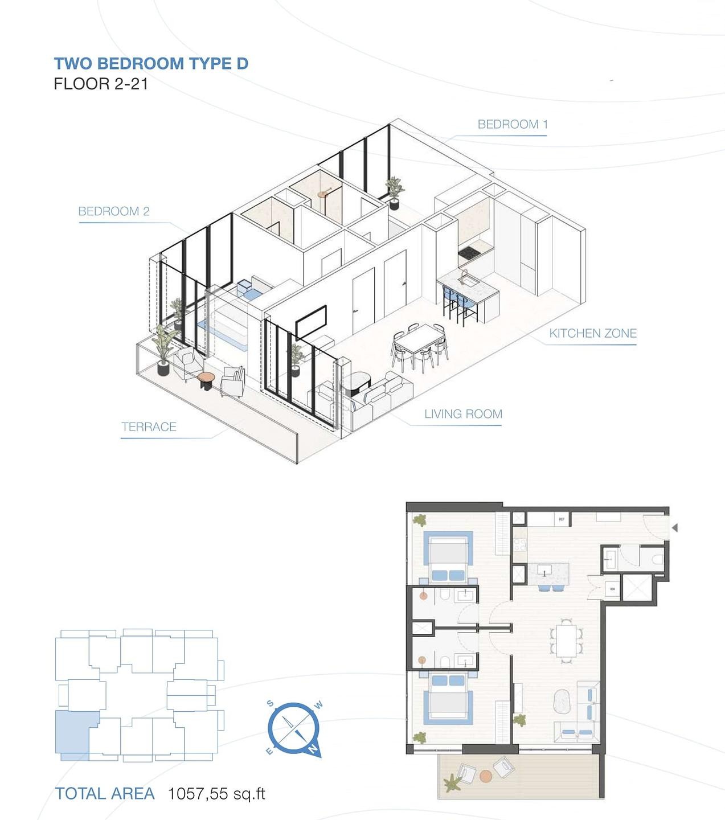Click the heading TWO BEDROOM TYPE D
pyautogui.click(x=151, y=63)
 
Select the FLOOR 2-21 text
pyautogui.click(x=101, y=84)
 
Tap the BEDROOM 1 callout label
pyautogui.click(x=512, y=124)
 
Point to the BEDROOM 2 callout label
pyautogui.click(x=114, y=211)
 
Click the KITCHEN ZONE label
pyautogui.click(x=592, y=334)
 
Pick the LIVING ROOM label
pyautogui.click(x=463, y=414)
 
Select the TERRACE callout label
pyautogui.click(x=149, y=427)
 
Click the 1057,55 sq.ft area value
pyautogui.click(x=216, y=794)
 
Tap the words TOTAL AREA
pyautogui.click(x=105, y=794)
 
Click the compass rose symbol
pyautogui.click(x=294, y=728)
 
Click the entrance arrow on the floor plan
pyautogui.click(x=674, y=528)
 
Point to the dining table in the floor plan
pyautogui.click(x=566, y=641)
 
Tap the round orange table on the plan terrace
pyautogui.click(x=485, y=776)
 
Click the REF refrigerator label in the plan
pyautogui.click(x=561, y=519)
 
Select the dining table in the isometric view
pyautogui.click(x=419, y=343)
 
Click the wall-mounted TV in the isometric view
pyautogui.click(x=311, y=322)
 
